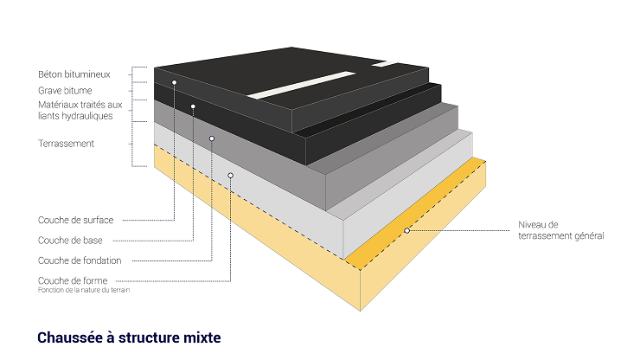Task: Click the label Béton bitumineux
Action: (74, 74)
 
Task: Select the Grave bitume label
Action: (65, 90)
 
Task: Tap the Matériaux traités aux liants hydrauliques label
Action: (80, 110)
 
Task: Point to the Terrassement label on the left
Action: (66, 144)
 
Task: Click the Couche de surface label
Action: (76, 220)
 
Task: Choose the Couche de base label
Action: (71, 240)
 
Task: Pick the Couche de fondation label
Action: (80, 260)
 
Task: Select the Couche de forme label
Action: (73, 280)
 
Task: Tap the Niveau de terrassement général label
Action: (560, 230)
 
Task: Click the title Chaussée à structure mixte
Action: (130, 337)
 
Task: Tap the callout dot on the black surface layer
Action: (175, 82)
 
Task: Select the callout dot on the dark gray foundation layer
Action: (212, 138)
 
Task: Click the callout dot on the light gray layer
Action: (231, 175)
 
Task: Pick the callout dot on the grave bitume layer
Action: (193, 106)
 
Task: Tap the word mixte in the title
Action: (200, 337)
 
